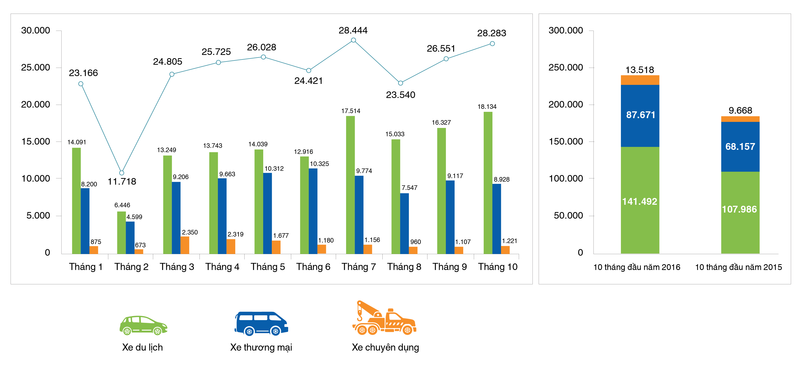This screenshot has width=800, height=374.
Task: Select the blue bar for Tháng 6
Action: point(313,211)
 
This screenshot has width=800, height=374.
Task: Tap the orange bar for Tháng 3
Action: point(185,245)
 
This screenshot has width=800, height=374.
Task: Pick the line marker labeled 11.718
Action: point(122,173)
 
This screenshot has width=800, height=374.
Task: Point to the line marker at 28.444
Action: point(353,40)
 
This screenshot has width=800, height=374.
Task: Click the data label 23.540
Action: point(400,95)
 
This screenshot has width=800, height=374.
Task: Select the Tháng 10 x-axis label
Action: point(497,267)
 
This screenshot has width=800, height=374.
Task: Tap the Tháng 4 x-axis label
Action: point(222,267)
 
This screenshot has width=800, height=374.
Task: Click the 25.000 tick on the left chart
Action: point(36,67)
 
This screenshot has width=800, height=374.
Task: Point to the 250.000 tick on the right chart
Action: point(565,67)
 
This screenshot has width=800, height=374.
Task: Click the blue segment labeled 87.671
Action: point(640,116)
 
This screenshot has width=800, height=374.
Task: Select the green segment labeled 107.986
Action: point(740,213)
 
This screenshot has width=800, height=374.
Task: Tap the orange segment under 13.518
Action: point(640,80)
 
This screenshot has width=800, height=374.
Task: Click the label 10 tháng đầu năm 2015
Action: point(738,267)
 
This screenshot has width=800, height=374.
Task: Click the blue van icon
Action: point(261,323)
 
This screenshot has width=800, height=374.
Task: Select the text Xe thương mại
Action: point(261,347)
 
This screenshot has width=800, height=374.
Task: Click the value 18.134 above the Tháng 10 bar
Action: point(487,107)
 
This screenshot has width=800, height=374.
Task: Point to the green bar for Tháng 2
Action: point(121,233)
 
